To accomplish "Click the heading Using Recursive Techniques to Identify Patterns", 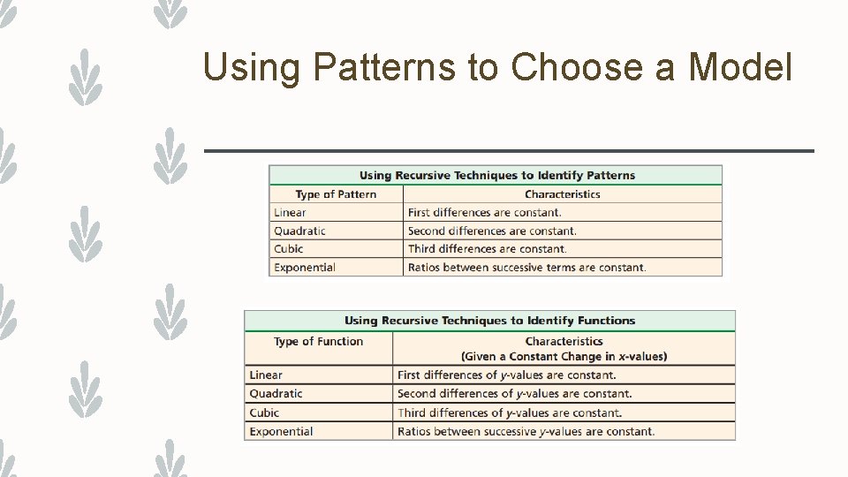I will pyautogui.click(x=497, y=175).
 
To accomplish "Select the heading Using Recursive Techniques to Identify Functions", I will pyautogui.click(x=489, y=321).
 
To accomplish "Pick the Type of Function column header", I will pyautogui.click(x=318, y=341).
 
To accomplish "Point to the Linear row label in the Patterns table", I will pyautogui.click(x=290, y=212).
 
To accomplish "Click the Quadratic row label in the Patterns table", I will pyautogui.click(x=299, y=231).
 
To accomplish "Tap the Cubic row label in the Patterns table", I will pyautogui.click(x=288, y=249).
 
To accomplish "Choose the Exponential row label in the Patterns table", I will pyautogui.click(x=305, y=267).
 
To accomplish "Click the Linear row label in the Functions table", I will pyautogui.click(x=266, y=375).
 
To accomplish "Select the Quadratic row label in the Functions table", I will pyautogui.click(x=276, y=394).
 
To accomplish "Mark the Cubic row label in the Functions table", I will pyautogui.click(x=264, y=413).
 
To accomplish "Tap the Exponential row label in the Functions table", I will pyautogui.click(x=281, y=431).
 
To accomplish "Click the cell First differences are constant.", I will pyautogui.click(x=484, y=212).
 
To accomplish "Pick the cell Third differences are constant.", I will pyautogui.click(x=487, y=249).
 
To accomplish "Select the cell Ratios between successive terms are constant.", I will pyautogui.click(x=526, y=267).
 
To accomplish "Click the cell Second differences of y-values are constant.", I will pyautogui.click(x=514, y=394).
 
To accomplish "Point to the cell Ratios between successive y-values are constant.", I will pyautogui.click(x=526, y=431).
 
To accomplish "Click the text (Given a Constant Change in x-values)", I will pyautogui.click(x=564, y=357).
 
